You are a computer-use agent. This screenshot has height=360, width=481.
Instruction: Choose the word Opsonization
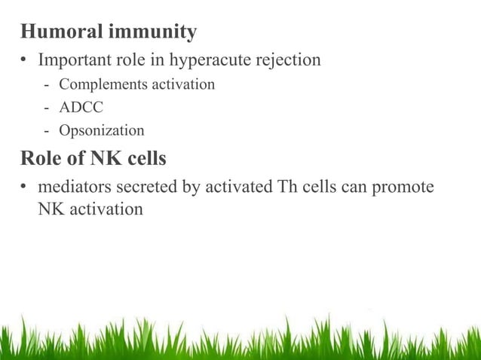(106, 131)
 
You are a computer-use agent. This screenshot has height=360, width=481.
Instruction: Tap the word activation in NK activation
(106, 209)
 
